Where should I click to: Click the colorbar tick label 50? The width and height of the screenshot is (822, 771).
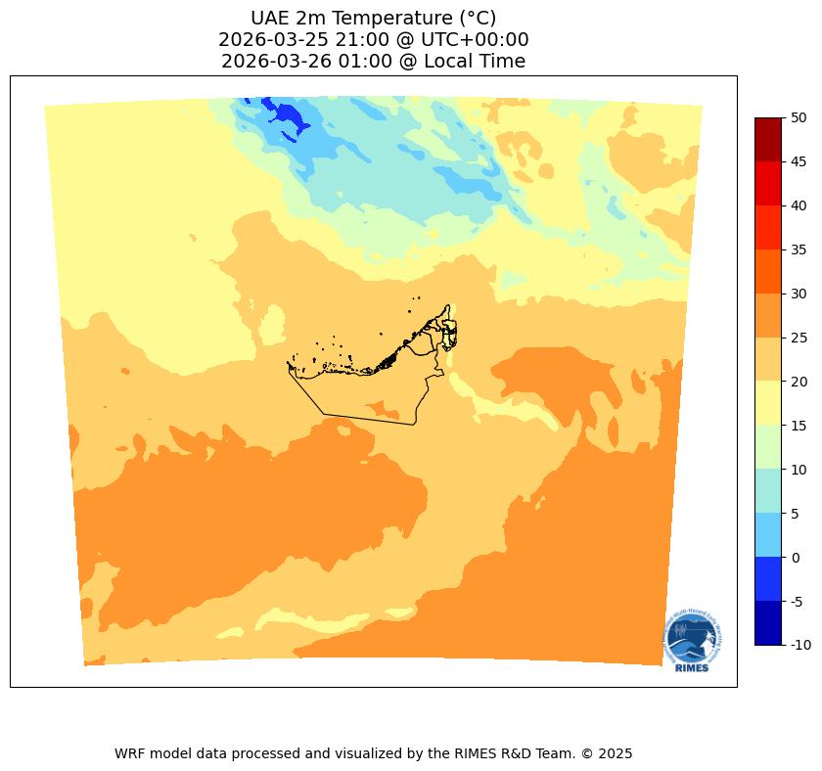pos(799,117)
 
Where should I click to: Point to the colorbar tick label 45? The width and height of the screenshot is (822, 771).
pos(799,161)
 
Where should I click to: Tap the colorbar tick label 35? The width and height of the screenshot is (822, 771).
pos(799,249)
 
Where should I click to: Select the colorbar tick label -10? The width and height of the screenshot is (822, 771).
pos(800,645)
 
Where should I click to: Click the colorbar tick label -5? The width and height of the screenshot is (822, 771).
pos(798,601)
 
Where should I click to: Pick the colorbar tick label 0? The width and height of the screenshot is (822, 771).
pos(795,558)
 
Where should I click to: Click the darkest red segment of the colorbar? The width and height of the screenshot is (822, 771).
pos(768,139)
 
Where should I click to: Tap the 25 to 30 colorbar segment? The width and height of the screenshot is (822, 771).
pos(768,315)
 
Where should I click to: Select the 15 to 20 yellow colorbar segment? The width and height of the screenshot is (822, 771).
pos(768,403)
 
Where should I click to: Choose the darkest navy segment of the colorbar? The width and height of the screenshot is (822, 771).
pos(768,623)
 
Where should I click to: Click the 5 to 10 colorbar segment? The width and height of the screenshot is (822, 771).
pos(768,491)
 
